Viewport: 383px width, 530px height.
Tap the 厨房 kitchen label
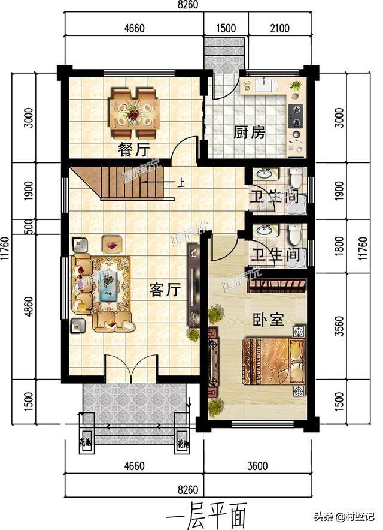249,132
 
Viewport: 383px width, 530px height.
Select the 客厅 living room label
165,290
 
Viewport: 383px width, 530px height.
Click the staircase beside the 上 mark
129,183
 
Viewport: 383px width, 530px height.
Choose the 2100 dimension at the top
279,28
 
